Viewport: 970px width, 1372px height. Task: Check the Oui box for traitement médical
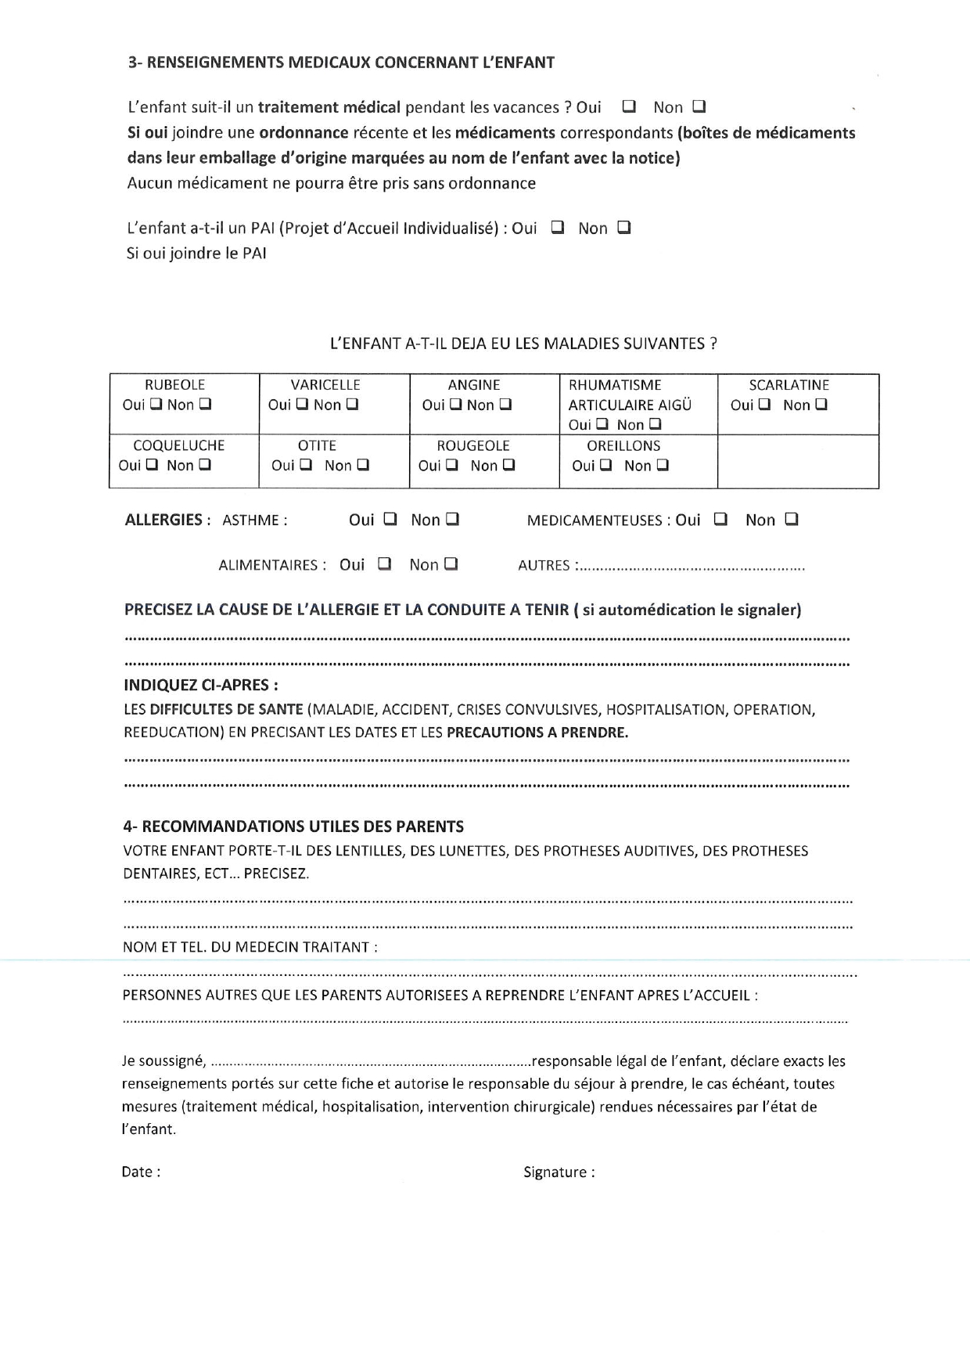[628, 106]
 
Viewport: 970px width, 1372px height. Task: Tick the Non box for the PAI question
[623, 228]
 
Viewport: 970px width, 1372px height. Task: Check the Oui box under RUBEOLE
[156, 405]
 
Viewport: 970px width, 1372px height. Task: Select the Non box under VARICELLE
[352, 405]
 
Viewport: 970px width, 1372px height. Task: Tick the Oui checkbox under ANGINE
[455, 405]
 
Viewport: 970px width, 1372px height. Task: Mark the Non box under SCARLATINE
[821, 405]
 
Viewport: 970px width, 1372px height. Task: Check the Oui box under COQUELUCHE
[152, 465]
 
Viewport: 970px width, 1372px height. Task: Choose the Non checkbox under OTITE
[362, 465]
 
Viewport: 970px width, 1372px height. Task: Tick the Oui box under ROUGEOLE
[452, 465]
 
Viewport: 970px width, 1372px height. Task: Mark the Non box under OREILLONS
[662, 465]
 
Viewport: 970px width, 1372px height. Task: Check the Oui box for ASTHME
[390, 519]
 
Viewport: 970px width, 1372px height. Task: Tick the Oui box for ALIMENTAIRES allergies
[384, 564]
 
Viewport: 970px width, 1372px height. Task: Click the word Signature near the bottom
[555, 1172]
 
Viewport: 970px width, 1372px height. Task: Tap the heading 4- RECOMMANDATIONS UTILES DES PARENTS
[293, 826]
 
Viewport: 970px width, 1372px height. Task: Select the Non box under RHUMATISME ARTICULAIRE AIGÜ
[655, 424]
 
